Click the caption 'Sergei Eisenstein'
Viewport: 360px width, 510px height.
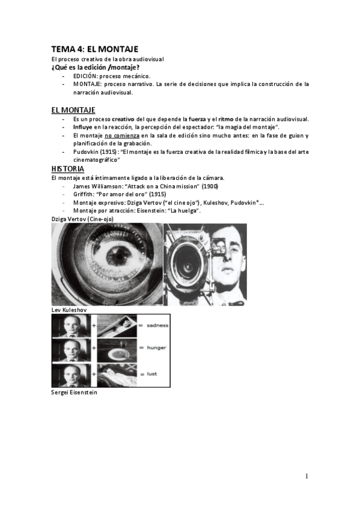[75, 392]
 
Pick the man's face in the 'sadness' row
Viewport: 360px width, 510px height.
[70, 325]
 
